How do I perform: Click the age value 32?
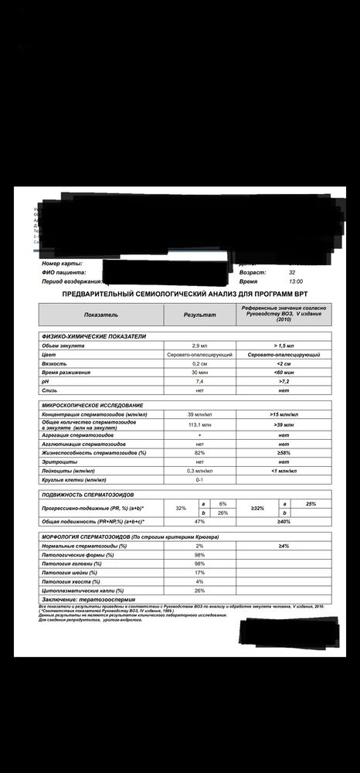pos(292,273)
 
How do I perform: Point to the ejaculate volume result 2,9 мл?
pos(199,346)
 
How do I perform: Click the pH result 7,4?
pos(199,382)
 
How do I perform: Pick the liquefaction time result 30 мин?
pos(199,373)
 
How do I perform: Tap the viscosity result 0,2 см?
pos(199,363)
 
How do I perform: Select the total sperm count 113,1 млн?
pos(199,425)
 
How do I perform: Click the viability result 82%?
pos(199,452)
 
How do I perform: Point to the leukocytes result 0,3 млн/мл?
pos(199,470)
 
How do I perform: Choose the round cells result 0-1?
pos(199,479)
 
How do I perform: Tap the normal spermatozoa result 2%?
pos(199,546)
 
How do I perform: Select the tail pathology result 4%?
pos(199,581)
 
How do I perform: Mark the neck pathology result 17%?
pos(199,573)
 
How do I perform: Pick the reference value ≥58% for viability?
pos(284,452)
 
